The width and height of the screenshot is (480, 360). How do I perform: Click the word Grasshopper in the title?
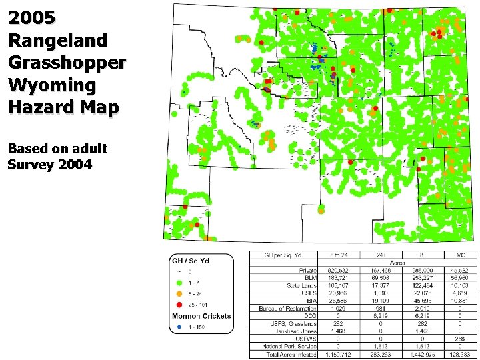(x=67, y=63)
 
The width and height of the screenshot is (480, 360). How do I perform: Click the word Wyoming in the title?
(x=53, y=85)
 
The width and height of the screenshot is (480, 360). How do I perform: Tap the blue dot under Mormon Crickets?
(x=179, y=327)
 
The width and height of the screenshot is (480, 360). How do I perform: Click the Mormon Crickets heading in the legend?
(x=201, y=316)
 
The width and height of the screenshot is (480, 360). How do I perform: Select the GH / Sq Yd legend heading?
(x=191, y=261)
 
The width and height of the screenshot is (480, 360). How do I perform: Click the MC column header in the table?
(x=459, y=255)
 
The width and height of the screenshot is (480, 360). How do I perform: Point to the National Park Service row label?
(x=289, y=346)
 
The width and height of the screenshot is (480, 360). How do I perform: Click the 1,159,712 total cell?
(x=339, y=354)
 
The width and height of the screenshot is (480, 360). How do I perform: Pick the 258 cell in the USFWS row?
(x=459, y=339)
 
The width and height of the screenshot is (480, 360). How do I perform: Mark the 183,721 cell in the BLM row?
(x=339, y=277)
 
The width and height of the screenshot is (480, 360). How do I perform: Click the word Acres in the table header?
(x=397, y=262)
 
